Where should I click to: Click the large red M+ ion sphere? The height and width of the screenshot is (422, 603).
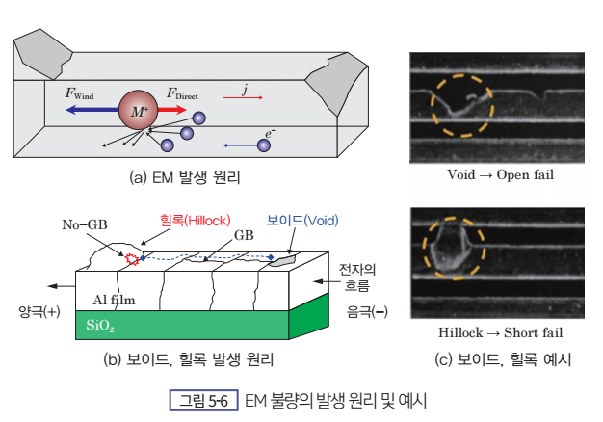point(139,110)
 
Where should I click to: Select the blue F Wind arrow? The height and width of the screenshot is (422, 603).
point(92,110)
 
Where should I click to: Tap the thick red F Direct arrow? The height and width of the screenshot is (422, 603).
point(172,110)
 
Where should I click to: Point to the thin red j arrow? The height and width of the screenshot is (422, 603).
point(243,97)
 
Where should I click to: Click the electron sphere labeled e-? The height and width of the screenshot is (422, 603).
point(263,145)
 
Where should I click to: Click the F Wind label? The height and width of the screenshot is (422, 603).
point(79,93)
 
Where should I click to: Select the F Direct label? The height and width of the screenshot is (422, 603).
point(182,93)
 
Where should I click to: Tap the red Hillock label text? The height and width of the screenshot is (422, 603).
point(196,221)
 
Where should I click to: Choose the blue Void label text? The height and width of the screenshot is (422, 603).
point(302,221)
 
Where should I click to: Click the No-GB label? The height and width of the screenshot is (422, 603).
point(85,224)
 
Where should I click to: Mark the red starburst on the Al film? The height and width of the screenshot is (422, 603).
point(132,259)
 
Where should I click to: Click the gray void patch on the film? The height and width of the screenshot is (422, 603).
point(283,260)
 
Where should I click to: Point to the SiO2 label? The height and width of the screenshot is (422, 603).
point(100,326)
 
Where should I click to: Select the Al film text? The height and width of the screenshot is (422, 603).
point(115,300)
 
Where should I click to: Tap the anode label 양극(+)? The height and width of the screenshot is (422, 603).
point(39,311)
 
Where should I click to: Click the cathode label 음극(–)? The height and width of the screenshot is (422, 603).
point(367,311)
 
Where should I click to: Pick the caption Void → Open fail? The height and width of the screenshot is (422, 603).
point(500,175)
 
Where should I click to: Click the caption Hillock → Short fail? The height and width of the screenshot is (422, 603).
point(500,332)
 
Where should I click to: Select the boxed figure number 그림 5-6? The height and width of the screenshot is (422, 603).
point(204,401)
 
